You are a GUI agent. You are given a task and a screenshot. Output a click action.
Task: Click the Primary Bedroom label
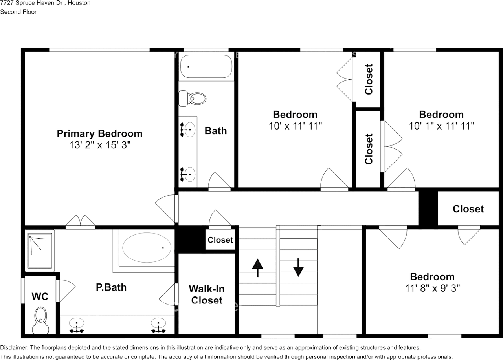coord(99,133)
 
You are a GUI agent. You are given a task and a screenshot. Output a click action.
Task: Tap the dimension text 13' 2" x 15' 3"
coord(99,145)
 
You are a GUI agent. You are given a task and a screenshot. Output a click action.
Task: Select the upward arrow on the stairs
coord(257,268)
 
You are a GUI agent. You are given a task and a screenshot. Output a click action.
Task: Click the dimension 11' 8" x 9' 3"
coord(432,288)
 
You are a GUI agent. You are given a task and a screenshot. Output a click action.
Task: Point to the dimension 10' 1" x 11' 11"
coord(441,126)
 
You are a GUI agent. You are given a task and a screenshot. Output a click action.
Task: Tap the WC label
coord(40,296)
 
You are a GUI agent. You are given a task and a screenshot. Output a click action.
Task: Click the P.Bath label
coord(111,287)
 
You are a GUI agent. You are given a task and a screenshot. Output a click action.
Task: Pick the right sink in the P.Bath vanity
coord(158,324)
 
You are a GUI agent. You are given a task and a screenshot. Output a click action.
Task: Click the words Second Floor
coord(18,12)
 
